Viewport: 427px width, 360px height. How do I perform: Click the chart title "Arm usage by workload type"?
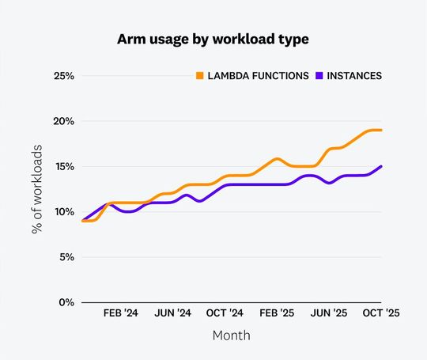213,39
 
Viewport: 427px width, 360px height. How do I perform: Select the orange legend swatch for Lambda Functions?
199,76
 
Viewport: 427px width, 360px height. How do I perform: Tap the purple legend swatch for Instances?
319,76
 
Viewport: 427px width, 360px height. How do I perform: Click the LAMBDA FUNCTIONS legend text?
258,76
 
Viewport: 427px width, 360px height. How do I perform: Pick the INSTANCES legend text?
353,76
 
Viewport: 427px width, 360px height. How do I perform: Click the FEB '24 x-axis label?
121,313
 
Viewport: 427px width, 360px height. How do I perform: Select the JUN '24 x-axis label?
173,313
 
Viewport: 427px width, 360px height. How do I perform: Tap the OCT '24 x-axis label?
225,313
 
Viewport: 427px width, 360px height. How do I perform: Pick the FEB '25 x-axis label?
277,313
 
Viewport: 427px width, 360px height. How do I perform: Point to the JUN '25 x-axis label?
329,313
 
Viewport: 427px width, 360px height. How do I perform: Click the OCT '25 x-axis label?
380,313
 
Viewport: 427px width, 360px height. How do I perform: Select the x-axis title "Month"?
231,335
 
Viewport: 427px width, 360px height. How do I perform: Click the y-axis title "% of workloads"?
36,188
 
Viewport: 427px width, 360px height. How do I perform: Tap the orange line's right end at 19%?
381,130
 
